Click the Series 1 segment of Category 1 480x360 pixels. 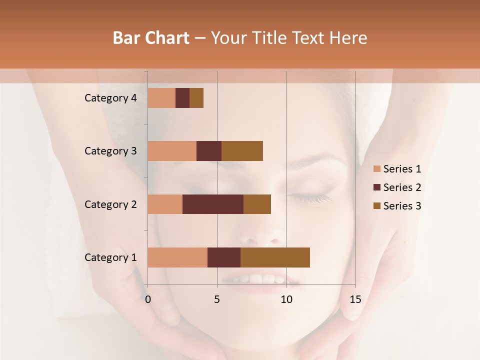click(177, 257)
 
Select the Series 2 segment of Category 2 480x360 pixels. click(213, 204)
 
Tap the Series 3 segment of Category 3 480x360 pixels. click(242, 151)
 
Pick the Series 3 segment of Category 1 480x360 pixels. click(275, 257)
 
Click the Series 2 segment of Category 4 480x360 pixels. click(182, 98)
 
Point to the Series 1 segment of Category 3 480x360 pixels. click(172, 151)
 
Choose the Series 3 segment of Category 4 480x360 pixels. click(196, 98)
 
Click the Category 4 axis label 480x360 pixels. click(110, 98)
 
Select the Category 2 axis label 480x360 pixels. click(110, 204)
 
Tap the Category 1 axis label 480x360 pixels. click(110, 257)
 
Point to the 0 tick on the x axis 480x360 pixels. click(148, 299)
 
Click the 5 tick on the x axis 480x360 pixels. click(217, 299)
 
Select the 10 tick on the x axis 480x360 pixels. click(286, 299)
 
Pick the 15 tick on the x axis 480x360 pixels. click(355, 299)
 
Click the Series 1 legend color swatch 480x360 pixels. click(376, 169)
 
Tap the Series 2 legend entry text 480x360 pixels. click(402, 187)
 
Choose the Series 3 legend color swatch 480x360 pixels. click(376, 206)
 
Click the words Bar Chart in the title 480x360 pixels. click(151, 38)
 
